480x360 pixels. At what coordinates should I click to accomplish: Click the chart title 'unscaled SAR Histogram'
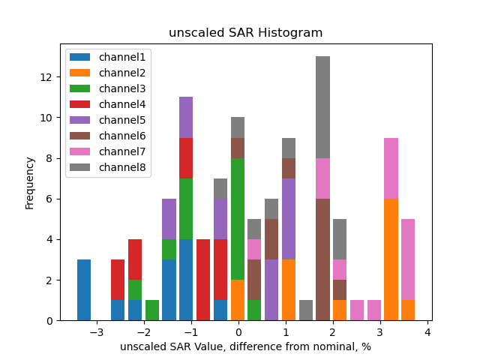pos(245,33)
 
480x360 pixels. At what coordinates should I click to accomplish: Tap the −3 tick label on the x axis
pos(97,332)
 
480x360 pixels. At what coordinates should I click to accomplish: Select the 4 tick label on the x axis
pos(427,332)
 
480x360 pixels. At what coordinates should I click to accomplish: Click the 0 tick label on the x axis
pos(238,332)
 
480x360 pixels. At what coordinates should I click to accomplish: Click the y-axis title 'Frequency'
pos(30,182)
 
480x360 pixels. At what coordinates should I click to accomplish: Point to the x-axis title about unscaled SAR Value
pos(245,346)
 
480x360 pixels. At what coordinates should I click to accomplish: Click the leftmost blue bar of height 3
pos(84,290)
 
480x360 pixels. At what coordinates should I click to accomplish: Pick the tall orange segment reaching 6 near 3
pos(391,259)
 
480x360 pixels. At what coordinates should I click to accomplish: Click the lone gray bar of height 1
pos(306,310)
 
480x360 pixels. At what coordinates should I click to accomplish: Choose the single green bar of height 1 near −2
pos(152,310)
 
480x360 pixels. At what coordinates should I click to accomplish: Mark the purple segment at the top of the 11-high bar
pos(186,117)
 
